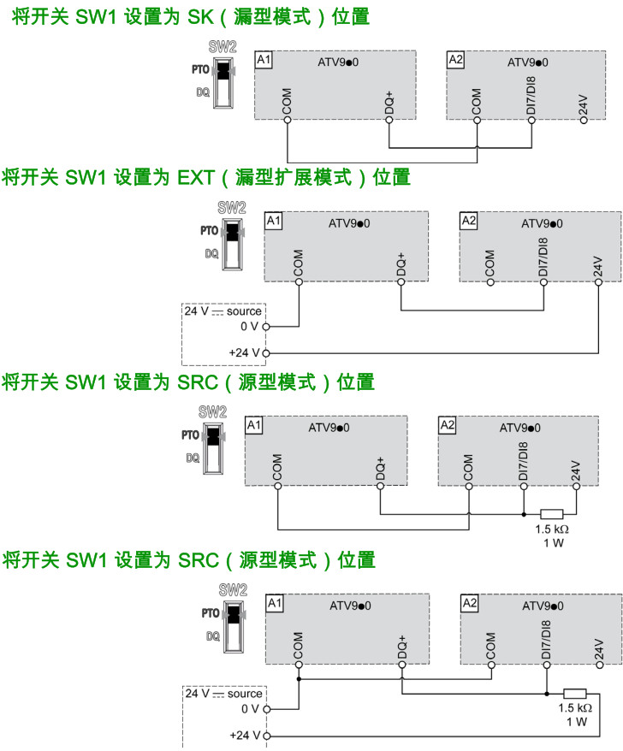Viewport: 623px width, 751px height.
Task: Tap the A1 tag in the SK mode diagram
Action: click(264, 60)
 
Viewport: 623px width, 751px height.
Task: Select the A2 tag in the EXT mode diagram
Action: click(468, 220)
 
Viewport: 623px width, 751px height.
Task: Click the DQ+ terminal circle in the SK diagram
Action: click(389, 121)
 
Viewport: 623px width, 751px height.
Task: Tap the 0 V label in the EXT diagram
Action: click(249, 326)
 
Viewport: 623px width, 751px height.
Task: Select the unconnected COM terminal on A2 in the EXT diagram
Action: click(489, 281)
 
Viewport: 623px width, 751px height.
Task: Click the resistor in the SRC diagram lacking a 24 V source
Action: click(552, 515)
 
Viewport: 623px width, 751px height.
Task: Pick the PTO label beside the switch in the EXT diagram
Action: click(209, 231)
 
